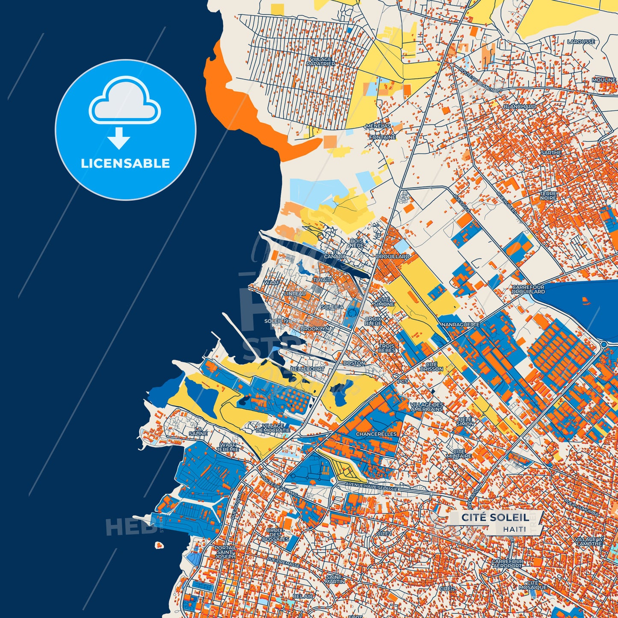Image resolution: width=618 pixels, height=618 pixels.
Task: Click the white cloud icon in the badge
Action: (124, 101)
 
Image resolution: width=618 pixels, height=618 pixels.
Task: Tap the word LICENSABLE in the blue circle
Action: (125, 163)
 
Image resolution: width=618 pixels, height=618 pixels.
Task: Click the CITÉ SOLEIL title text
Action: (494, 517)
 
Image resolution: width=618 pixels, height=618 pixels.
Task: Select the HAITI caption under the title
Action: (515, 529)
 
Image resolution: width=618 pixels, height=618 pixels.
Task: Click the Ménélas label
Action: (378, 126)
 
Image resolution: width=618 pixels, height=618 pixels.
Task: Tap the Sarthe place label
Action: (551, 153)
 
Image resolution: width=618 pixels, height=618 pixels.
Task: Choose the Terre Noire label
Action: (548, 196)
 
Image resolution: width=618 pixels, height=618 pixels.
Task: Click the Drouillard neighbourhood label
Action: (393, 257)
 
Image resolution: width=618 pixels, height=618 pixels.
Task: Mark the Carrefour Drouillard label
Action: (529, 290)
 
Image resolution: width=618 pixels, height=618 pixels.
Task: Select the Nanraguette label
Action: (461, 325)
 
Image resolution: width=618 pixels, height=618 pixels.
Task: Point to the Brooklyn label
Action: (315, 329)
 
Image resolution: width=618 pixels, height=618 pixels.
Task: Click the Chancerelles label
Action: (376, 434)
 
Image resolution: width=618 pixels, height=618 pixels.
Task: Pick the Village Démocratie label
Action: (273, 428)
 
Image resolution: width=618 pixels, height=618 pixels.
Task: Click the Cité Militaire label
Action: (459, 454)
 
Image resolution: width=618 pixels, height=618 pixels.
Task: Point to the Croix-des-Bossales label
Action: (275, 535)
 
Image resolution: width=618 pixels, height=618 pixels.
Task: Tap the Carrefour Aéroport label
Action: (507, 563)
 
